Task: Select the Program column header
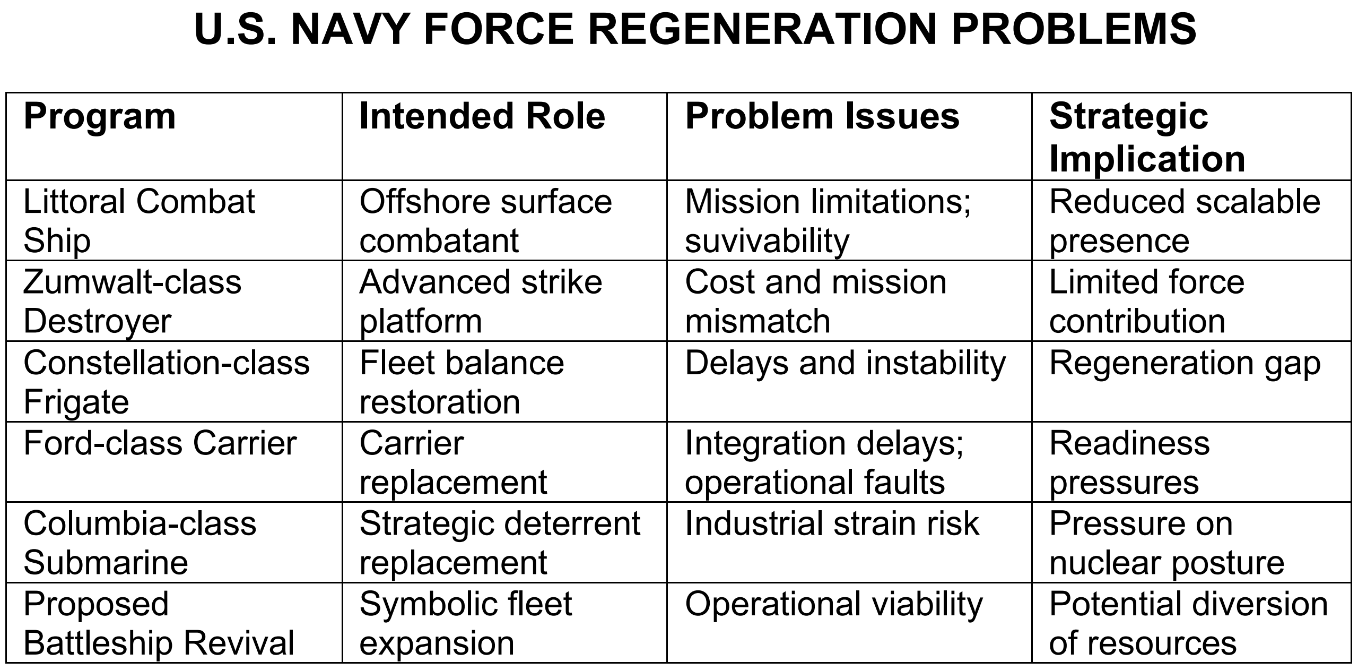point(100,117)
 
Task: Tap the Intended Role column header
point(482,116)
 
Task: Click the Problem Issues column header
point(822,116)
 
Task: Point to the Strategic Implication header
point(1147,137)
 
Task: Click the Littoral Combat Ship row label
point(139,221)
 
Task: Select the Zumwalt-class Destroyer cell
point(132,301)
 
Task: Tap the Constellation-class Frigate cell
point(167,382)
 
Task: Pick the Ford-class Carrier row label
point(160,443)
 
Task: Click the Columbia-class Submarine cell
point(140,543)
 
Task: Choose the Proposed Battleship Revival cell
point(159,623)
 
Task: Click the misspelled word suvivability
point(767,242)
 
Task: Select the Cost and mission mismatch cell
point(816,301)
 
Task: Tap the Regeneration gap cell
point(1185,364)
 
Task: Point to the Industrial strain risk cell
point(832,523)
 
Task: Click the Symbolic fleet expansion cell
point(466,623)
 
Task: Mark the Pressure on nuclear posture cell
point(1167,543)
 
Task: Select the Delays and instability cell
point(846,364)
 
